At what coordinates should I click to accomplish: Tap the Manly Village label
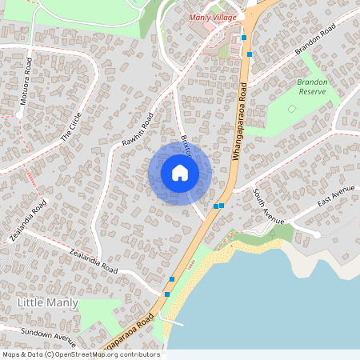click(x=210, y=17)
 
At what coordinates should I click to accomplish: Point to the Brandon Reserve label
click(x=312, y=86)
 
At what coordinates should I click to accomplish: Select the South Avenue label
click(x=269, y=206)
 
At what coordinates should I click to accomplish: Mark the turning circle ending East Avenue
click(x=317, y=234)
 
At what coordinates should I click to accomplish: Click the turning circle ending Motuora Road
click(x=19, y=114)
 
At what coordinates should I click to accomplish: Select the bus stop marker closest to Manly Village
click(x=243, y=38)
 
